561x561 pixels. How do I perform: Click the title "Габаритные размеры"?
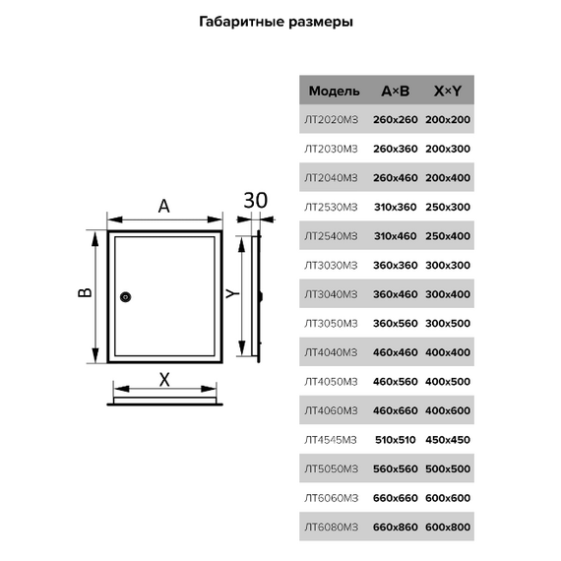(x=276, y=23)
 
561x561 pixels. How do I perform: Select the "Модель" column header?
(x=334, y=92)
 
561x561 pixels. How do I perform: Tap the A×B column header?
(x=396, y=91)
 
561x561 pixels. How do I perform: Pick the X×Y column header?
(x=448, y=91)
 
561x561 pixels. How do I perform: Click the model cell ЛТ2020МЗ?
(x=331, y=119)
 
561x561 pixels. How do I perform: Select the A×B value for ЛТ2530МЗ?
(x=396, y=207)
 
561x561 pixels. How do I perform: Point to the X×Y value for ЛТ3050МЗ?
(x=448, y=324)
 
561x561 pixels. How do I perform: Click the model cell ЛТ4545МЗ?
(x=331, y=440)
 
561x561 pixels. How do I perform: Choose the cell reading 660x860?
(x=396, y=527)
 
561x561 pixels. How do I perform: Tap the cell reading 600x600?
(x=448, y=498)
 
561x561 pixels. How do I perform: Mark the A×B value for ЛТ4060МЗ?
(x=396, y=410)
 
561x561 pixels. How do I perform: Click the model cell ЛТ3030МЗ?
(x=331, y=265)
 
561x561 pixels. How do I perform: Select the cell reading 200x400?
(x=448, y=178)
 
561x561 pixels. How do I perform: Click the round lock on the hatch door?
(x=125, y=297)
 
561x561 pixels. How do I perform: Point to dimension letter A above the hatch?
(x=163, y=206)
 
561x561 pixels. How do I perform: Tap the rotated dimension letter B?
(x=85, y=292)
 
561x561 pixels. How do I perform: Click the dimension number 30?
(x=256, y=201)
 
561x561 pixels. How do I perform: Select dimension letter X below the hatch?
(x=164, y=380)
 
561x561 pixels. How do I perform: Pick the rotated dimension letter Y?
(x=233, y=294)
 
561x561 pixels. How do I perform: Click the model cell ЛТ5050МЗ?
(x=331, y=469)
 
